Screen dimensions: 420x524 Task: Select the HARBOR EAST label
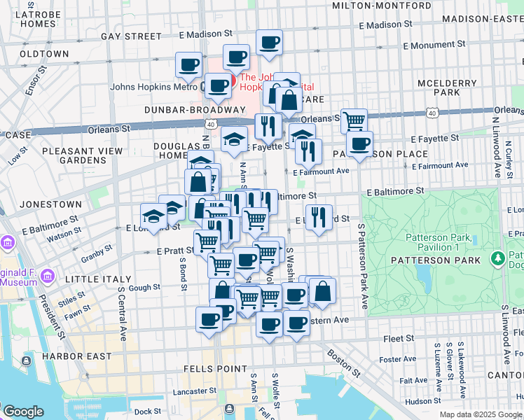[x=76, y=356]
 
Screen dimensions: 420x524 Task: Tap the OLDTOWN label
[x=44, y=54]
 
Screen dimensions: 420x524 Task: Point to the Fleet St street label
[x=399, y=338]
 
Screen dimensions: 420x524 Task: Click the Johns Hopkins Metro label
[x=153, y=87]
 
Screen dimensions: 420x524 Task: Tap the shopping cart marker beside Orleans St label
[x=354, y=120]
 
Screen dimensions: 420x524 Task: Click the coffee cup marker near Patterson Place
[x=359, y=144]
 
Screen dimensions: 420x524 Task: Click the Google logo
[x=24, y=412]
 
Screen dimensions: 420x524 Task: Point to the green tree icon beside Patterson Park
[x=498, y=259]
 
